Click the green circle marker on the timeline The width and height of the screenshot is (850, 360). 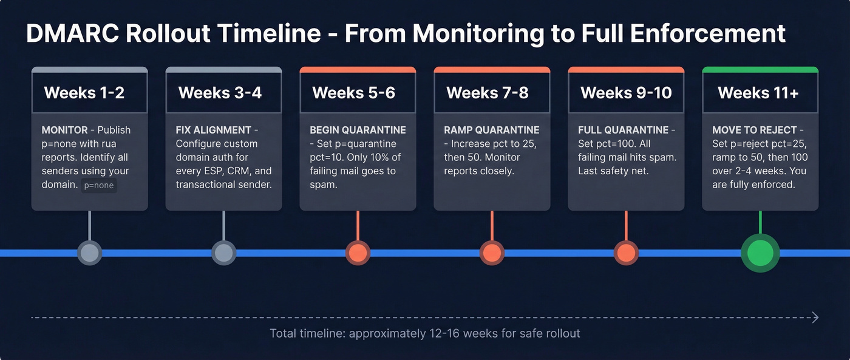coord(760,253)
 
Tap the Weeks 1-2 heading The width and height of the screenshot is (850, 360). coord(84,93)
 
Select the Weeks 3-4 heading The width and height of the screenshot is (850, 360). coord(220,93)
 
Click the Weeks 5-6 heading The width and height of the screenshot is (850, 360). coord(353,93)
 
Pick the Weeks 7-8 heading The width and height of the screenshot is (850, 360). coord(488,93)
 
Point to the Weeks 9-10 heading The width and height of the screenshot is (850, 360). coord(626,93)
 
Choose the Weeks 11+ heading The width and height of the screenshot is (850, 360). coord(758,93)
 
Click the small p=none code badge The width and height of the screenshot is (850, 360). coord(99,186)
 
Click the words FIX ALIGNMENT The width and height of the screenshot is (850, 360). coord(213,130)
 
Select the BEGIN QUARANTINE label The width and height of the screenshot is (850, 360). coord(358,130)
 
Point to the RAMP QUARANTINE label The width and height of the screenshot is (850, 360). coord(491,130)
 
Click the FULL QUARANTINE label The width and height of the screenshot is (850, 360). coord(623,130)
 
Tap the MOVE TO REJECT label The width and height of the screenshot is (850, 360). coord(755,130)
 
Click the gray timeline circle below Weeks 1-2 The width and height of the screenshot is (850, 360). coord(89,253)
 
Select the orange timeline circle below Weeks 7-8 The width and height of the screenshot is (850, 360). coord(492,253)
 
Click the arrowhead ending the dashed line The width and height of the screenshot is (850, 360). coord(815,318)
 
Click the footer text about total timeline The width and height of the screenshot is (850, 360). coord(424,333)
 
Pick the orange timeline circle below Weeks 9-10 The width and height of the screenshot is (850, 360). coord(626,253)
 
